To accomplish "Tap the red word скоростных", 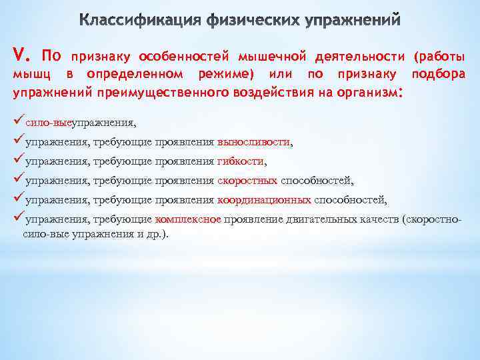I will (247, 180).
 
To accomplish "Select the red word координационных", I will (264, 199).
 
